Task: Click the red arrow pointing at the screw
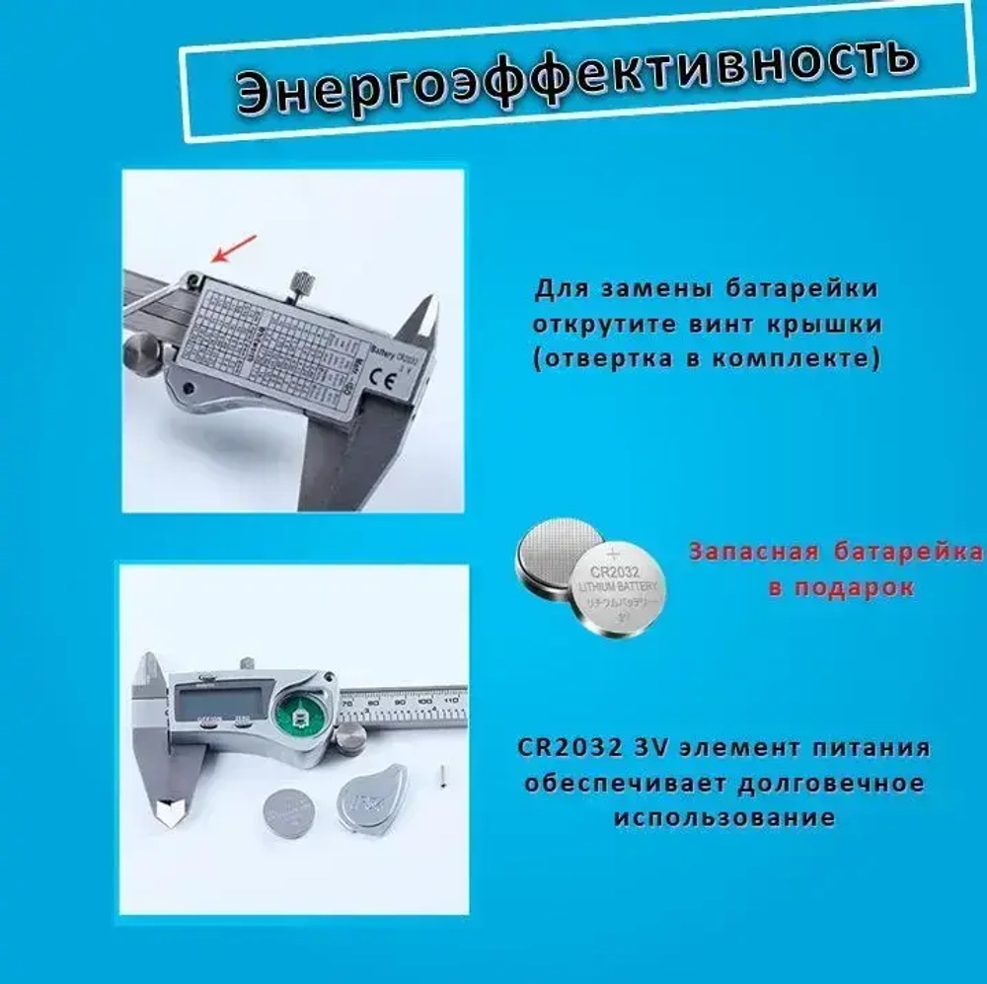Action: (234, 249)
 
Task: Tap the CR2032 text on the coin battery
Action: (616, 571)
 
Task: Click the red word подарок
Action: (859, 587)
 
